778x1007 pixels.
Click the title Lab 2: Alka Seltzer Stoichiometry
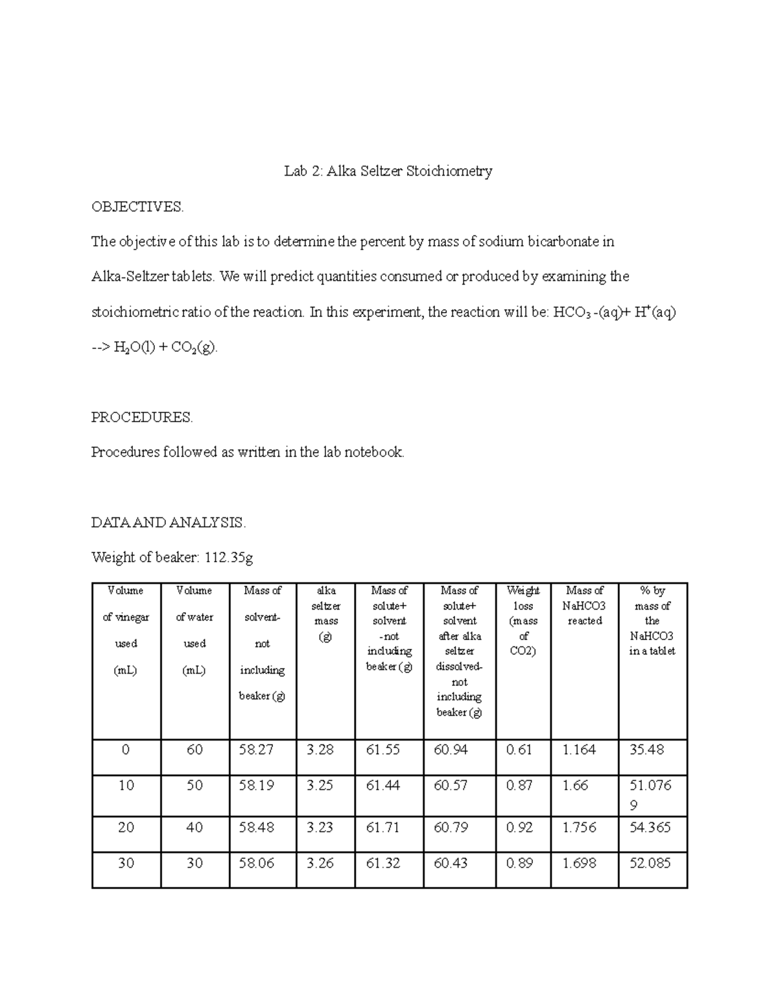[388, 171]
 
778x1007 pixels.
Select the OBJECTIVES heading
[137, 207]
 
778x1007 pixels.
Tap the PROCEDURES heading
[142, 417]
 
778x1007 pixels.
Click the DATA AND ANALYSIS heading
[169, 523]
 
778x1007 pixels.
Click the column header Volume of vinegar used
[126, 630]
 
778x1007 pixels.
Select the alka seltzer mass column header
[325, 613]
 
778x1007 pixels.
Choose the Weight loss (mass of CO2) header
[523, 621]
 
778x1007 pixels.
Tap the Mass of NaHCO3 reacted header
[584, 606]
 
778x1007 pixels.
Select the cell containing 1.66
[575, 786]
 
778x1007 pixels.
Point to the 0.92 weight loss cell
[519, 828]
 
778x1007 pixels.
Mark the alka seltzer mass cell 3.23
[320, 828]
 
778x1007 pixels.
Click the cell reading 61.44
[383, 786]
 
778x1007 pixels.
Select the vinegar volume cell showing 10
[126, 786]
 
